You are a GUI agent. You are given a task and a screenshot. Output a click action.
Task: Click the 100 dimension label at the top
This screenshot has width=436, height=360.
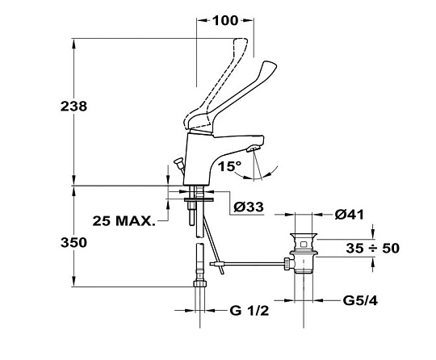225,20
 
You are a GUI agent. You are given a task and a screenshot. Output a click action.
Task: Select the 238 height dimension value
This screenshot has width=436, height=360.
73,107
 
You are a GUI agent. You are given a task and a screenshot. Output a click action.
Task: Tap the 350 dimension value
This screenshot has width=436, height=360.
73,242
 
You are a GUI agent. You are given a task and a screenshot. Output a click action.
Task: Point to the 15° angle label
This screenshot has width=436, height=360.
229,166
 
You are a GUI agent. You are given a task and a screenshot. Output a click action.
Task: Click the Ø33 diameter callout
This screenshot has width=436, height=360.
249,207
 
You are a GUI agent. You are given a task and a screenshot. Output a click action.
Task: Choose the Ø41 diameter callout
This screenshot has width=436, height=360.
350,215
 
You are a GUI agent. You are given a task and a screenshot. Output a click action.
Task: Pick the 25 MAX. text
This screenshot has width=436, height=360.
124,220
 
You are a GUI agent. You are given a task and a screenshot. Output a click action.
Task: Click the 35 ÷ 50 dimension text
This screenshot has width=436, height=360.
372,248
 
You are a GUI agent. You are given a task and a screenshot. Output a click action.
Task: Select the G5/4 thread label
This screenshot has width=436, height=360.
360,300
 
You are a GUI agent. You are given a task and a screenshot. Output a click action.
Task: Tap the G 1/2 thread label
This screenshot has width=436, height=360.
249,311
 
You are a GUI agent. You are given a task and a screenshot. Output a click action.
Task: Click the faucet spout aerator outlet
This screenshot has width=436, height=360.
253,149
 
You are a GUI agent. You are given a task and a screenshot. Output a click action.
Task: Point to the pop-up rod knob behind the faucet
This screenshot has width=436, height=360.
178,161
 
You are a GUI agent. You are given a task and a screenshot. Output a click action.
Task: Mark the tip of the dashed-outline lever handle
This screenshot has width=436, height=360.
241,40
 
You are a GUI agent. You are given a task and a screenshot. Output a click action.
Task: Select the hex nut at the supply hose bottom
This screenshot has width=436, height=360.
200,284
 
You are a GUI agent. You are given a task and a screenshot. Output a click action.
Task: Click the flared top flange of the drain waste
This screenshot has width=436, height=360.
304,236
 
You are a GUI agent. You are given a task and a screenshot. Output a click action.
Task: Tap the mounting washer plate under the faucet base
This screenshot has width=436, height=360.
199,199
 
